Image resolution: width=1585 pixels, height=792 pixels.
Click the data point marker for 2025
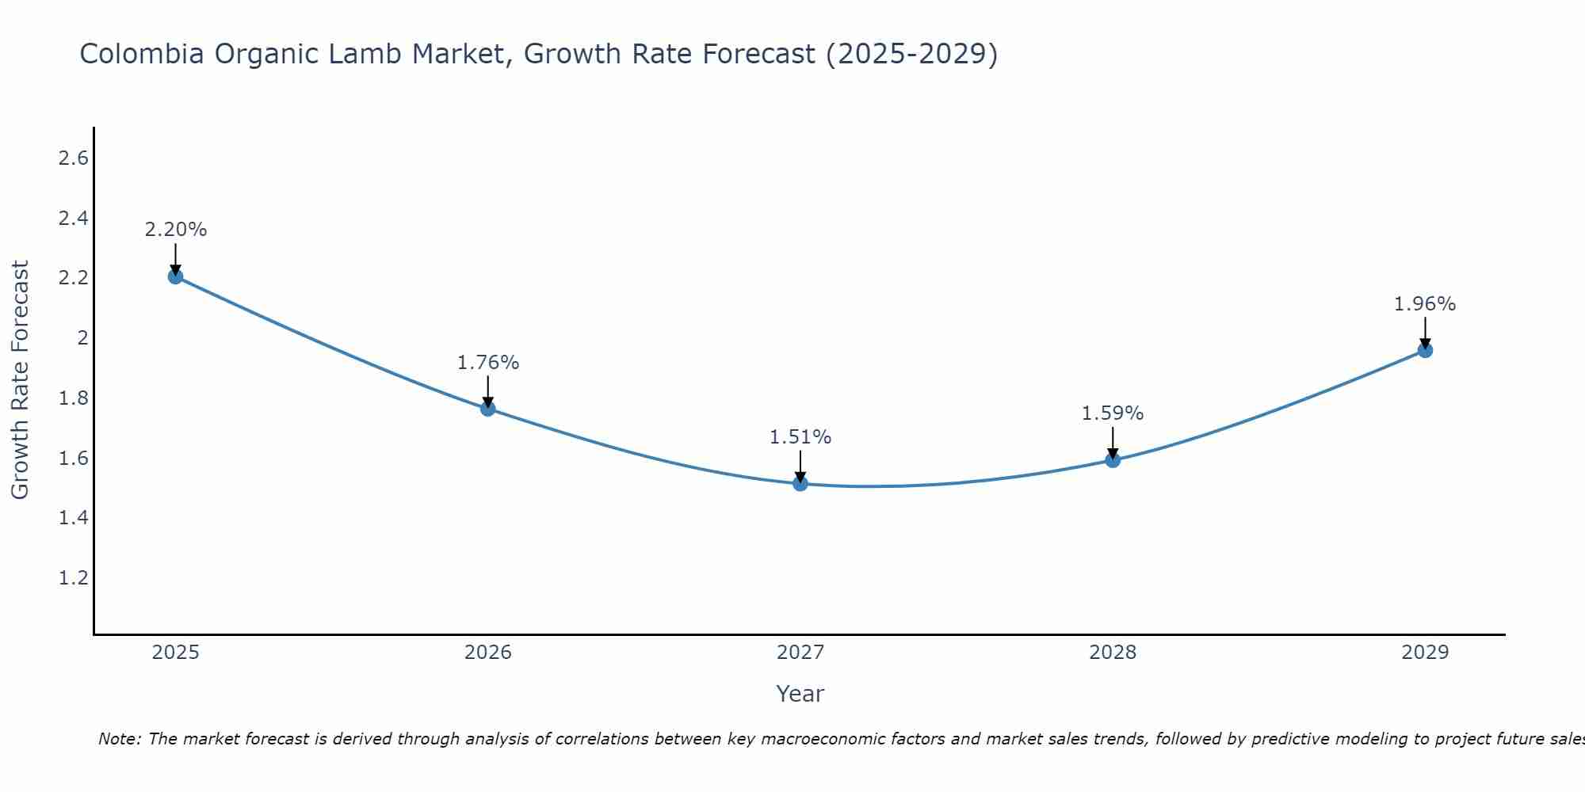175,276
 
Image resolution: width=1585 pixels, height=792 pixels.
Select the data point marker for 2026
488,409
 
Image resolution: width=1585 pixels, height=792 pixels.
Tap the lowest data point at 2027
800,483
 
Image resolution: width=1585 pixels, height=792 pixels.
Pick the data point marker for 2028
1113,460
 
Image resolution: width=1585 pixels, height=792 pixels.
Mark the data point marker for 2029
1425,350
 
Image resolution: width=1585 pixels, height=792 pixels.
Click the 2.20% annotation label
175,230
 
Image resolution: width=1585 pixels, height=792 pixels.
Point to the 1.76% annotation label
488,363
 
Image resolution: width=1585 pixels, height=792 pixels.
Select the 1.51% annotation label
800,437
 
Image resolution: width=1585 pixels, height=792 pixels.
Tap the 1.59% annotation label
1113,413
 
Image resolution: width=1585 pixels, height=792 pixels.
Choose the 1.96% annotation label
1425,304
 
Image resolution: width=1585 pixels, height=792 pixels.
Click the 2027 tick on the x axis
800,653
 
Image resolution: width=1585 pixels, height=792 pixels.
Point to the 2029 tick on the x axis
1425,653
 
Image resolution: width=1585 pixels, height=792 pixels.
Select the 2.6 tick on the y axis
74,158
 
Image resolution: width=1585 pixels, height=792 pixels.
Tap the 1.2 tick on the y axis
74,578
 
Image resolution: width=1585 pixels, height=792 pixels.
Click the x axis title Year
800,694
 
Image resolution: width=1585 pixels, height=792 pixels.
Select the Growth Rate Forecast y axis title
20,380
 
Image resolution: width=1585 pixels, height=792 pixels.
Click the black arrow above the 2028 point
1113,442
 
